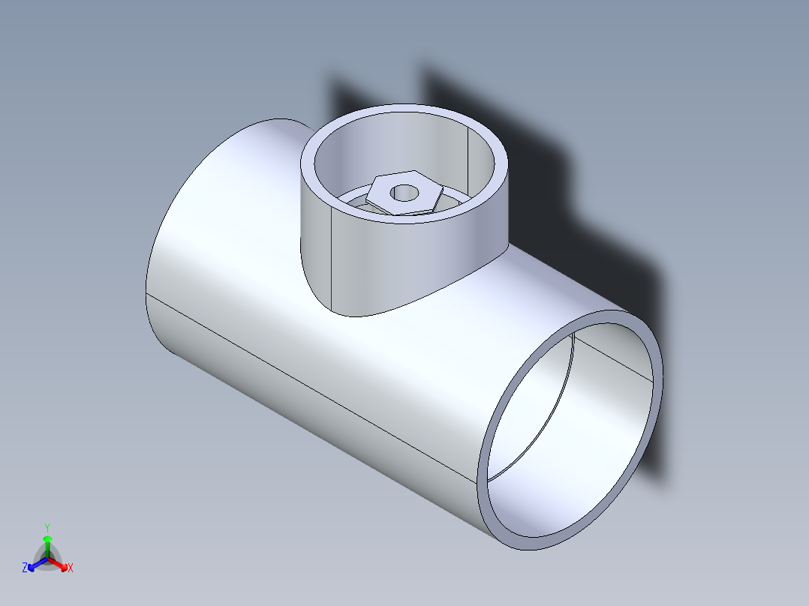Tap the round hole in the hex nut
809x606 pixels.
coord(404,193)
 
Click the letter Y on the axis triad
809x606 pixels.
coord(47,526)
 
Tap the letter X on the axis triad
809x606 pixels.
coord(71,568)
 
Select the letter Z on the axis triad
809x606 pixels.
coord(25,568)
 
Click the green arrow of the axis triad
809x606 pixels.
coord(47,543)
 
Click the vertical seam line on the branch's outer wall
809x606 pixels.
coord(332,255)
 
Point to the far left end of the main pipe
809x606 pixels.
coord(147,292)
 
